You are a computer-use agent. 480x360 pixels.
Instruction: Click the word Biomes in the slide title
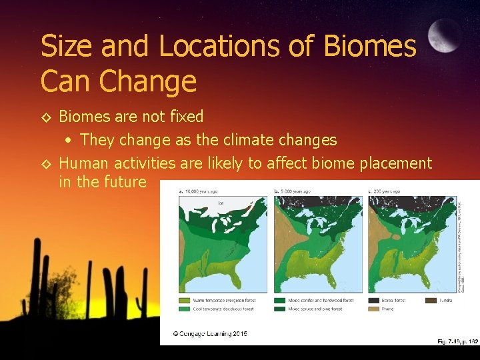pyautogui.click(x=369, y=47)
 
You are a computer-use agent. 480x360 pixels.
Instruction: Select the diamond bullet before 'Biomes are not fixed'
pyautogui.click(x=46, y=117)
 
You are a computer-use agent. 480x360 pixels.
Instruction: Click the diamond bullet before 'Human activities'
pyautogui.click(x=46, y=163)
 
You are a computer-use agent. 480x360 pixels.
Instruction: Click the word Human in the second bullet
pyautogui.click(x=85, y=163)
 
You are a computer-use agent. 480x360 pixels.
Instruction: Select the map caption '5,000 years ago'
pyautogui.click(x=295, y=191)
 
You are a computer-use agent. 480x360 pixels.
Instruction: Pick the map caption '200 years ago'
pyautogui.click(x=387, y=191)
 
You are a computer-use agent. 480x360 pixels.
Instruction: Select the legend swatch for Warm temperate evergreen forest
pyautogui.click(x=185, y=301)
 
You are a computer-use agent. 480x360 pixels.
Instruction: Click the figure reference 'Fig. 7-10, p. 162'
pyautogui.click(x=457, y=341)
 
